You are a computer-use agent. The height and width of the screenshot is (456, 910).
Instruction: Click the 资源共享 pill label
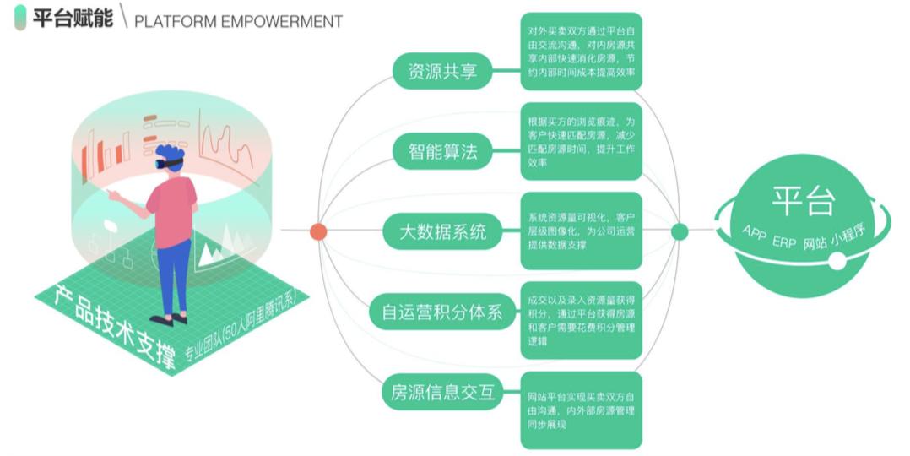click(x=441, y=72)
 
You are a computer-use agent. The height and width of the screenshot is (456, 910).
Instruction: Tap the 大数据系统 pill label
click(x=442, y=231)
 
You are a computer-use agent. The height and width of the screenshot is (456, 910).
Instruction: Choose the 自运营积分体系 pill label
click(x=441, y=312)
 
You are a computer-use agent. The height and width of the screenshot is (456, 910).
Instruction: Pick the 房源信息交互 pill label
click(x=441, y=392)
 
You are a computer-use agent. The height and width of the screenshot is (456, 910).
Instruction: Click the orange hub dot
click(x=318, y=231)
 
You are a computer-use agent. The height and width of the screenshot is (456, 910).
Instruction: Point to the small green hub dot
click(x=680, y=231)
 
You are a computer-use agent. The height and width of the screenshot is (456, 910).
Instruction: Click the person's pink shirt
click(x=172, y=211)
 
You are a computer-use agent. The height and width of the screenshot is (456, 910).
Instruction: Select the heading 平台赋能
click(x=72, y=19)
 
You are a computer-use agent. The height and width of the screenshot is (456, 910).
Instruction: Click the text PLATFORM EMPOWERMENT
click(x=238, y=21)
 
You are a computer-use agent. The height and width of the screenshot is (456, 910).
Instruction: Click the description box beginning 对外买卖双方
click(x=581, y=51)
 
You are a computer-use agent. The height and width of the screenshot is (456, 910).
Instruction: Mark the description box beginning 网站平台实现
click(x=581, y=410)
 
